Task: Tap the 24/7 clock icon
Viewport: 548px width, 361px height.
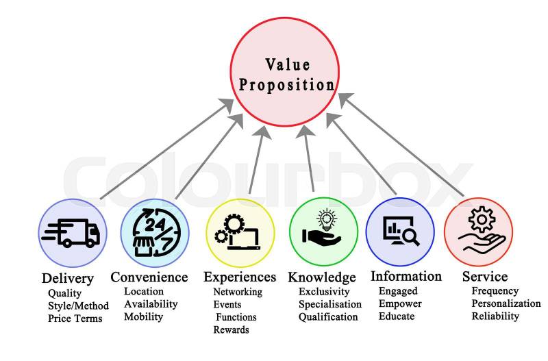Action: point(153,232)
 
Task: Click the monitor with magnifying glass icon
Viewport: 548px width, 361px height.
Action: point(399,232)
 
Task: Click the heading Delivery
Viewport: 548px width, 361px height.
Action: point(67,278)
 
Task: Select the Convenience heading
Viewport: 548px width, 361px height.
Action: point(149,277)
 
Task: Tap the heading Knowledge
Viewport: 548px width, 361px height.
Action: point(321,277)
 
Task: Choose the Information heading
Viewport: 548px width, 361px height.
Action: point(406,276)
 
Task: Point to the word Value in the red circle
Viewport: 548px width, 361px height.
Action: point(288,65)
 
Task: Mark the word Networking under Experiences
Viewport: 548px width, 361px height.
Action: point(237,292)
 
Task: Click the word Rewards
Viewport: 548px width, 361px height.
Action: point(231,329)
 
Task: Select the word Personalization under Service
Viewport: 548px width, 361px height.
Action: point(506,303)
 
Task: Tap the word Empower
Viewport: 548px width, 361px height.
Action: point(400,303)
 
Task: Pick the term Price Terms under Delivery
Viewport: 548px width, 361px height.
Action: point(75,318)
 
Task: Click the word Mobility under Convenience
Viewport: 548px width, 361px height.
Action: point(143,316)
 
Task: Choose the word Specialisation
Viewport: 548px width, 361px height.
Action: point(329,304)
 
